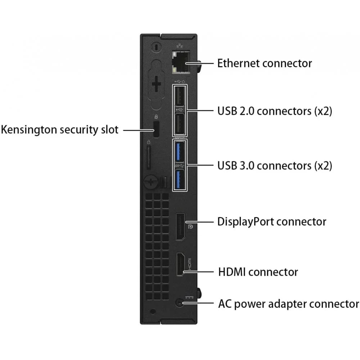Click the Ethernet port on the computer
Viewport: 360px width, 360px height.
[181, 62]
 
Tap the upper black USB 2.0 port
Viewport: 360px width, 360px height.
[180, 96]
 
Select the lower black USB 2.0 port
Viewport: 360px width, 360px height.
[180, 124]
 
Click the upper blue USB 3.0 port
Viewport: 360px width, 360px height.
[180, 152]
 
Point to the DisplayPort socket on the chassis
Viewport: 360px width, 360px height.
[180, 227]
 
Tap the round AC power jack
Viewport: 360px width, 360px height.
[179, 303]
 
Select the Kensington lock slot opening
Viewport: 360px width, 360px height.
[156, 130]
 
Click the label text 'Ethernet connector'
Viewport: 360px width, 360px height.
[265, 63]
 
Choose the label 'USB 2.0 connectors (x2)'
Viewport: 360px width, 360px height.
[275, 111]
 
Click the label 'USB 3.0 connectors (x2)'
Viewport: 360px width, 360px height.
[275, 166]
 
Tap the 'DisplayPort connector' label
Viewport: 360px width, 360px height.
[271, 222]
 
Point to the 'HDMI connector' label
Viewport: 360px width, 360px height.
[258, 272]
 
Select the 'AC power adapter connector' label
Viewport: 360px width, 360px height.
[289, 304]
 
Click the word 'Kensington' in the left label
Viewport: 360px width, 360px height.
[29, 130]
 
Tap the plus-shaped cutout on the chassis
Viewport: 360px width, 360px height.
[156, 84]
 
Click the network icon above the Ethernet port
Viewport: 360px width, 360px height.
[180, 46]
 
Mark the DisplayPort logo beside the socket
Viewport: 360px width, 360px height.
[190, 227]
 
